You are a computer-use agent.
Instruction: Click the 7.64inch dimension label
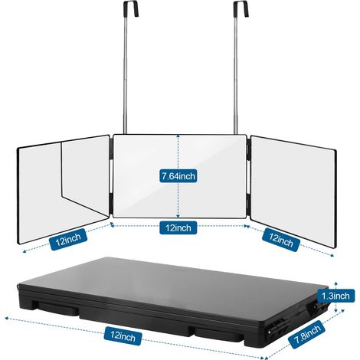point(178,176)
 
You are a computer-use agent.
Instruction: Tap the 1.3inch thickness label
point(335,296)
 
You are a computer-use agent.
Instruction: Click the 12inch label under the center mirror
point(178,227)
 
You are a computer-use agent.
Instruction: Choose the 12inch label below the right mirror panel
point(281,240)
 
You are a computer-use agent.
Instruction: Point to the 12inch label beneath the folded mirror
point(123,335)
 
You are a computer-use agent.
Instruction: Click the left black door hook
point(132,9)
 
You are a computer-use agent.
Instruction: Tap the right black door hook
point(241,9)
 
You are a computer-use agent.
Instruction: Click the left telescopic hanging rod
point(126,75)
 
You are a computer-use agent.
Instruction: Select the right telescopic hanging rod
point(235,75)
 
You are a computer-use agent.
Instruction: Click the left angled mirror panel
point(64,189)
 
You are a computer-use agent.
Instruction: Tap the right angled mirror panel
point(293,191)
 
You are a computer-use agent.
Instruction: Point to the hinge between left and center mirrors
point(112,176)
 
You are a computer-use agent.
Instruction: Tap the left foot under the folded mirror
point(58,309)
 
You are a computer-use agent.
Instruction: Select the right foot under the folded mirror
point(220,335)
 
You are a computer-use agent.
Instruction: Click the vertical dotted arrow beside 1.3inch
point(336,297)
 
